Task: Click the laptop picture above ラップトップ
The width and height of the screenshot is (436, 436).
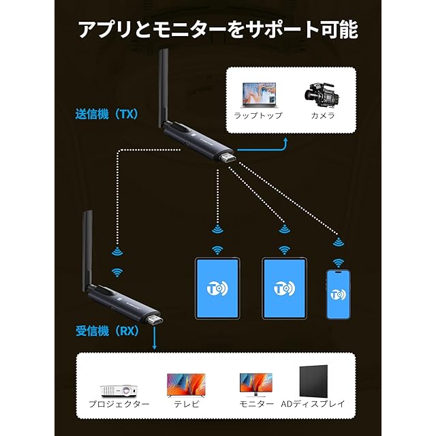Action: [259, 95]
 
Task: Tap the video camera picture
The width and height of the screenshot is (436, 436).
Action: [322, 95]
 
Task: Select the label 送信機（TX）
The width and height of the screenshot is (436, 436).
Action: [107, 114]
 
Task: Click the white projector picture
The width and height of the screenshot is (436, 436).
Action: [119, 390]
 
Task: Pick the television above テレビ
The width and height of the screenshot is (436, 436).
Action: [186, 386]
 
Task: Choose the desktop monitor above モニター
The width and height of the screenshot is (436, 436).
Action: [256, 385]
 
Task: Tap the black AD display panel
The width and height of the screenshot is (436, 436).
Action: [313, 381]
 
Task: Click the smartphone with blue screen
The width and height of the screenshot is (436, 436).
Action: [338, 294]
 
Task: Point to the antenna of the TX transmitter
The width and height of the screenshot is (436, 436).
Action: [163, 88]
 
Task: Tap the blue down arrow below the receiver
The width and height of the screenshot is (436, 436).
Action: [155, 338]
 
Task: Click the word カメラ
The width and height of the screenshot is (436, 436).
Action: [322, 115]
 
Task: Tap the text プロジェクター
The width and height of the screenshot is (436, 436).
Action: [119, 404]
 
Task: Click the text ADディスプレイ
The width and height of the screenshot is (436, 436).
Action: [313, 404]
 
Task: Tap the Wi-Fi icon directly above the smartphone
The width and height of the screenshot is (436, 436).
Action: [338, 262]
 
